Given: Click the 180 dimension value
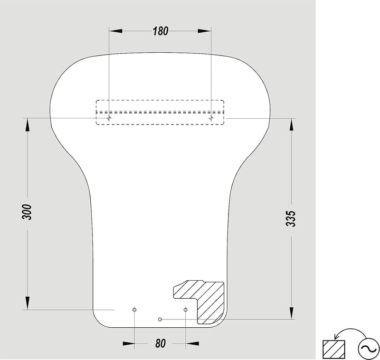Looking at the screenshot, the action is (160, 31).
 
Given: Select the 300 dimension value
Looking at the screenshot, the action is (27, 212).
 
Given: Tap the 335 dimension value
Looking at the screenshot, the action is (291, 219).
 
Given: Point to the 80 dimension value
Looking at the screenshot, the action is (160, 343).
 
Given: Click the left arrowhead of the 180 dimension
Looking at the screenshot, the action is (116, 31).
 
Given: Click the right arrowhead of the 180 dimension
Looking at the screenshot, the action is (205, 31).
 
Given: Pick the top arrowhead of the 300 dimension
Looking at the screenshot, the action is (27, 125).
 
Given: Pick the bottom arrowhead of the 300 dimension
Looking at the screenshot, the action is (27, 303).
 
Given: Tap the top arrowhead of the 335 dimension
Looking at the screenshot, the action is (291, 125).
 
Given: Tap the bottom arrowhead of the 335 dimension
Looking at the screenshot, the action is (291, 312).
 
